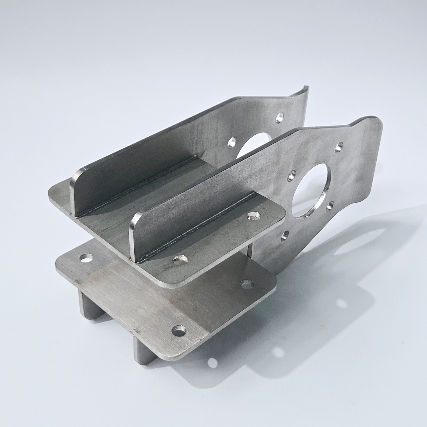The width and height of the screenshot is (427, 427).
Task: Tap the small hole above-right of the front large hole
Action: (x=339, y=147)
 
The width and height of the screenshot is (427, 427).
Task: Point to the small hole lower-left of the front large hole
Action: (x=284, y=235)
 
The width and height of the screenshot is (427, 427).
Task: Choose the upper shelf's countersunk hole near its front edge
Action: (x=180, y=259)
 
